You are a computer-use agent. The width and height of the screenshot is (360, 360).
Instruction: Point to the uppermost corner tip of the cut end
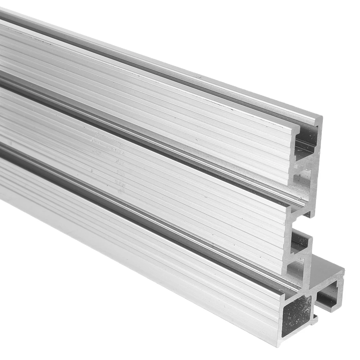pyautogui.click(x=320, y=117)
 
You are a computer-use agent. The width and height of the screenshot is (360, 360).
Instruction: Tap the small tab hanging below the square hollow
pyautogui.click(x=315, y=318)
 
